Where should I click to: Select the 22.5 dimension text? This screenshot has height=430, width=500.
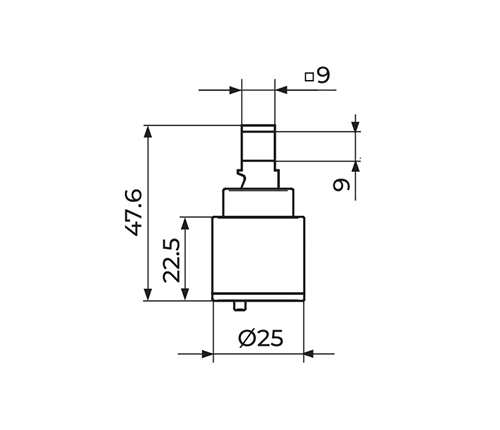172,260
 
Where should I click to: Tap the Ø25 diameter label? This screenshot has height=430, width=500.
261,338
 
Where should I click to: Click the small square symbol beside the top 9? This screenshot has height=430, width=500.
309,77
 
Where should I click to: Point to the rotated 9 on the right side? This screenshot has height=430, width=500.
341,185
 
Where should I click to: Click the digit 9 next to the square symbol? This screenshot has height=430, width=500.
323,75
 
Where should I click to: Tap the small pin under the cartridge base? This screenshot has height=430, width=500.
240,306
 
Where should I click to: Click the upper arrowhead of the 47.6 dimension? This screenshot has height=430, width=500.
148,131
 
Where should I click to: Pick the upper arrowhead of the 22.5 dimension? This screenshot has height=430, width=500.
185,223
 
